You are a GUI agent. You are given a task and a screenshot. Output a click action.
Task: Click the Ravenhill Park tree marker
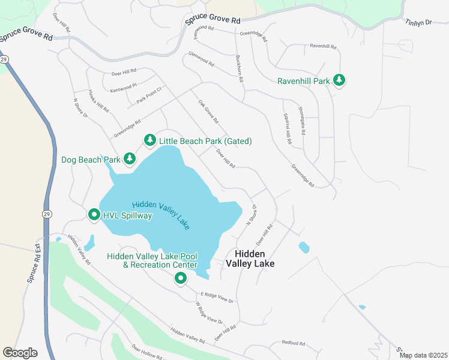click(x=339, y=80)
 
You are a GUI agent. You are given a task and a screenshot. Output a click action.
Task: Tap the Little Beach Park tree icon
click(x=149, y=140)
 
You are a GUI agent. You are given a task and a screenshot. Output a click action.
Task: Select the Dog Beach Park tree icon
click(x=129, y=159)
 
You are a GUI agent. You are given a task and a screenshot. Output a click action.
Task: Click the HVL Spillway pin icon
click(x=94, y=214)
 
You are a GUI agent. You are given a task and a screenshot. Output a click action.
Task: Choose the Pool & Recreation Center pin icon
click(x=180, y=278)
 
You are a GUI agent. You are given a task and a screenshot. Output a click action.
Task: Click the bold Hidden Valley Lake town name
click(x=250, y=259)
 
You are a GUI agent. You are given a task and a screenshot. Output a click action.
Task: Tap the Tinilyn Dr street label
click(x=418, y=22)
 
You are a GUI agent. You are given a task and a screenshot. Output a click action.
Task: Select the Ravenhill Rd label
click(x=324, y=46)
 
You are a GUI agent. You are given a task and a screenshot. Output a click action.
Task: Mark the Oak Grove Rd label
click(x=208, y=112)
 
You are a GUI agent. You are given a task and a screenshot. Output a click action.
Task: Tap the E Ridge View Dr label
click(x=217, y=297)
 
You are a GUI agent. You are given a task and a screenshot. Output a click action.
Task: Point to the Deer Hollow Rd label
click(x=147, y=352)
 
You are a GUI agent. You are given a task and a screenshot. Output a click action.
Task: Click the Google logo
click(x=20, y=353)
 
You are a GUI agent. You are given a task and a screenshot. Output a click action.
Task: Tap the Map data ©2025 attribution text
click(x=423, y=355)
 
